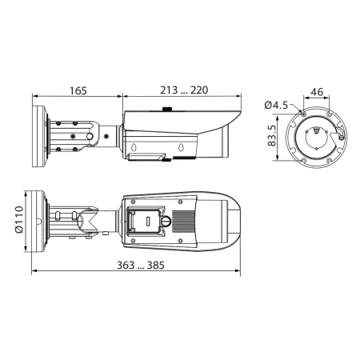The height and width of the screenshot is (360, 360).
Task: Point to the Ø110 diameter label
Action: pos(16,218)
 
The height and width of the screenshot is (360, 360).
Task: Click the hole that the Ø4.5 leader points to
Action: pos(305,114)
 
